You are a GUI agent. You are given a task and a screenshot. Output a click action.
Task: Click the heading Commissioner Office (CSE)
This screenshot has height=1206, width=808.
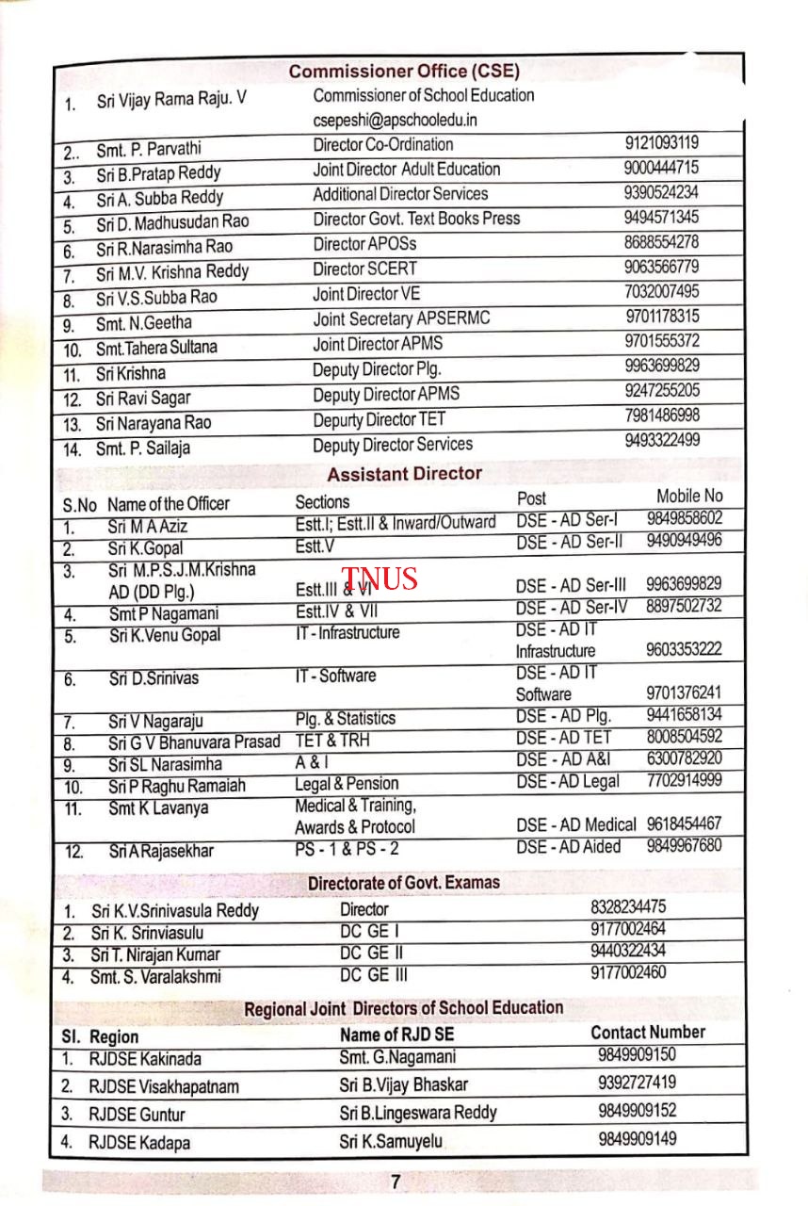404,71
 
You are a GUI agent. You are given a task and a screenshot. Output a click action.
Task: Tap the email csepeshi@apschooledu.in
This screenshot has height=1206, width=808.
396,120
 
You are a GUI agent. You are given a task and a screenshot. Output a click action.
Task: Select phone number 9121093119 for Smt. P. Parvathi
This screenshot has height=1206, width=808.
661,144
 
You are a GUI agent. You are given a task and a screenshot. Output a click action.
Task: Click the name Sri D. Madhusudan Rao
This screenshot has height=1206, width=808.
172,222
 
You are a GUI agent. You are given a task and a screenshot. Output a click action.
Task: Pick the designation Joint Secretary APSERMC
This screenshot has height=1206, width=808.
401,318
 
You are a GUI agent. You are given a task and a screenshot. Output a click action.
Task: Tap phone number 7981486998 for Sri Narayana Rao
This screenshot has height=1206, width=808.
662,416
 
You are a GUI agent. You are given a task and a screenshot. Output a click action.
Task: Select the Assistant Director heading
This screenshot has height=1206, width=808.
404,473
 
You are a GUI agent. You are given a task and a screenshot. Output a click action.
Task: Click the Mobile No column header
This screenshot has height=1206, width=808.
689,496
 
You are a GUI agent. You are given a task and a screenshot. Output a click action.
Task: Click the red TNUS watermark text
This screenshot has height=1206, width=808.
380,578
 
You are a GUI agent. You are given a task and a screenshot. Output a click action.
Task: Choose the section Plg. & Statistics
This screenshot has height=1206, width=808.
345,719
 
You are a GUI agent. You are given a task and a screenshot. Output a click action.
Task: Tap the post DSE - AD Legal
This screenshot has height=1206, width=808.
567,780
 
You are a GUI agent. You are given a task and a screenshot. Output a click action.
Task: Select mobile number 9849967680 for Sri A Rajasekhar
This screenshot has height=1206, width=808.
684,845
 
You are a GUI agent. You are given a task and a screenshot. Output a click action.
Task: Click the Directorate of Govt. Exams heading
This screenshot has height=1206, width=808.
404,883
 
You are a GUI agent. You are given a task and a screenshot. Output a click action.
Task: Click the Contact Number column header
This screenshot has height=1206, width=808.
647,1032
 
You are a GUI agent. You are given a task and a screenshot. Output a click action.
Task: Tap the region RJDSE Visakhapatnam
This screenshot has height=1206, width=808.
164,1086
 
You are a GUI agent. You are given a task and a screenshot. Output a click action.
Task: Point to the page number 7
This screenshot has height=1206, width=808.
396,1182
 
